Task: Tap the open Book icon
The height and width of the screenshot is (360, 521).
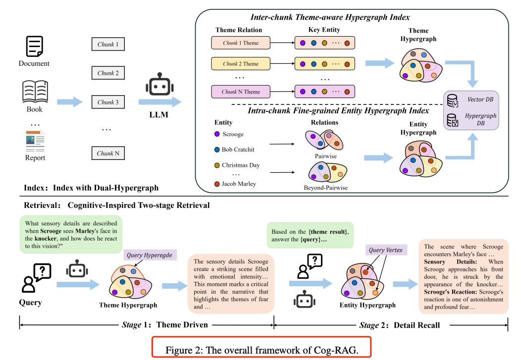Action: click(35, 91)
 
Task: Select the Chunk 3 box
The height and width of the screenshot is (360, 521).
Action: click(108, 102)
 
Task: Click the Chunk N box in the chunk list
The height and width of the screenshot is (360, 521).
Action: click(108, 153)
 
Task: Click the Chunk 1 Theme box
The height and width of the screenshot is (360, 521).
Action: click(240, 43)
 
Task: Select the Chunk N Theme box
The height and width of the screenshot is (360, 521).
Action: click(240, 92)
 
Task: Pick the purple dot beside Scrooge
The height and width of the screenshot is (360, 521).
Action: click(216, 134)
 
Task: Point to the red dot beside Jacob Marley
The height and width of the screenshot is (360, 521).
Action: click(216, 184)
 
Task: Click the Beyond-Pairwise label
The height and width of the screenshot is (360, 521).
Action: click(325, 188)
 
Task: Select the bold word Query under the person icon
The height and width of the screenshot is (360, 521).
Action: click(30, 303)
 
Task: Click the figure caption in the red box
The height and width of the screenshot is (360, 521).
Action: click(262, 349)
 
